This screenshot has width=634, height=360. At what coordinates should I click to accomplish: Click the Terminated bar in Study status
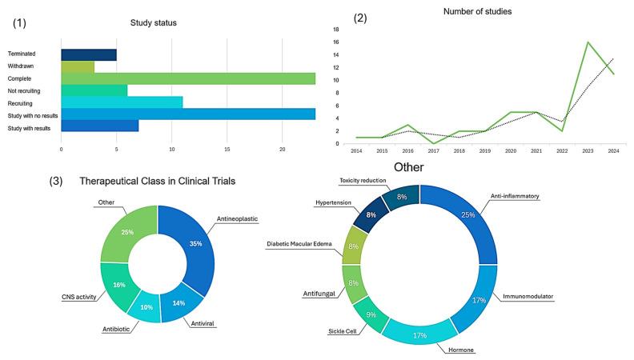pyautogui.click(x=89, y=54)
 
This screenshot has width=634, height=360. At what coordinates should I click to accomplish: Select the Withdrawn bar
pyautogui.click(x=78, y=66)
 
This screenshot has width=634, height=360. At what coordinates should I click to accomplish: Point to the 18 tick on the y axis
pyautogui.click(x=337, y=30)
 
